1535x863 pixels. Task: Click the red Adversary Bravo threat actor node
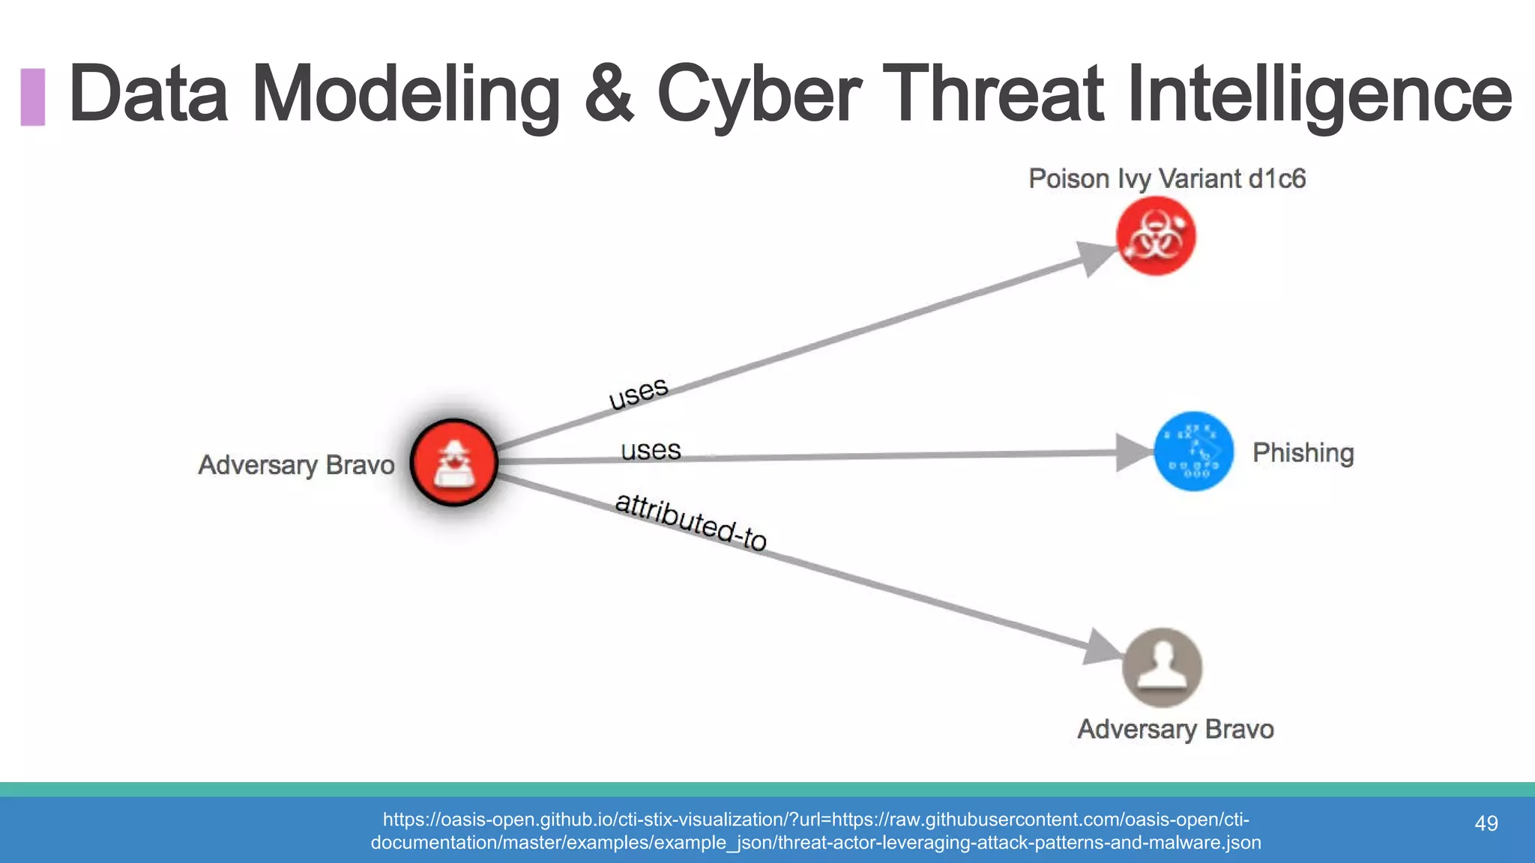click(x=454, y=462)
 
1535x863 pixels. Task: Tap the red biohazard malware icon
click(x=1156, y=236)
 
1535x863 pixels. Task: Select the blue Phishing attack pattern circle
click(x=1193, y=451)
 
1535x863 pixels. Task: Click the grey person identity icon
click(x=1162, y=667)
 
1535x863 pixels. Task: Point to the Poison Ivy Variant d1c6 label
click(x=1167, y=179)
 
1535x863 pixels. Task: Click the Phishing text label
click(x=1303, y=452)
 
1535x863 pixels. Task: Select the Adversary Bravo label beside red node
click(x=296, y=465)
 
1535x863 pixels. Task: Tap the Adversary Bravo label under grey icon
click(x=1175, y=729)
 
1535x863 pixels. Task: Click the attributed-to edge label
click(x=691, y=522)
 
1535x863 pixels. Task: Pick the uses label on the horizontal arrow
click(x=651, y=450)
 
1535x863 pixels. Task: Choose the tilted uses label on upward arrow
click(x=638, y=393)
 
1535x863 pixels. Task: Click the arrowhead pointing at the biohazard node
click(x=1096, y=257)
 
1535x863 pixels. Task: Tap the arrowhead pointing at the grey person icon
click(x=1102, y=647)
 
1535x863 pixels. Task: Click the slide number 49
click(x=1486, y=823)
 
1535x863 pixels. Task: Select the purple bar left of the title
click(x=33, y=97)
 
